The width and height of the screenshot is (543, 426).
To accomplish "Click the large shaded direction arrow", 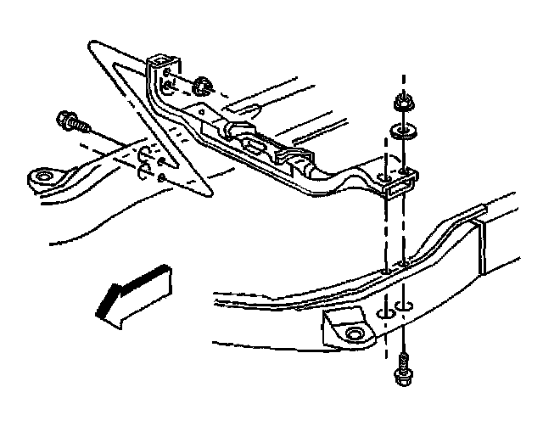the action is pos(134,293).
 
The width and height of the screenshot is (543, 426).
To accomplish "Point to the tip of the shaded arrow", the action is pos(98,316).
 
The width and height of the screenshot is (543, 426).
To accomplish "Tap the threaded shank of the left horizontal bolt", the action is pos(82,126).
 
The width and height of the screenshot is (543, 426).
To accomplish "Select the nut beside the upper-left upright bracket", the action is pos(202,87).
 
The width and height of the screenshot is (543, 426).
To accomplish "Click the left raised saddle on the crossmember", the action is pos(238,130).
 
